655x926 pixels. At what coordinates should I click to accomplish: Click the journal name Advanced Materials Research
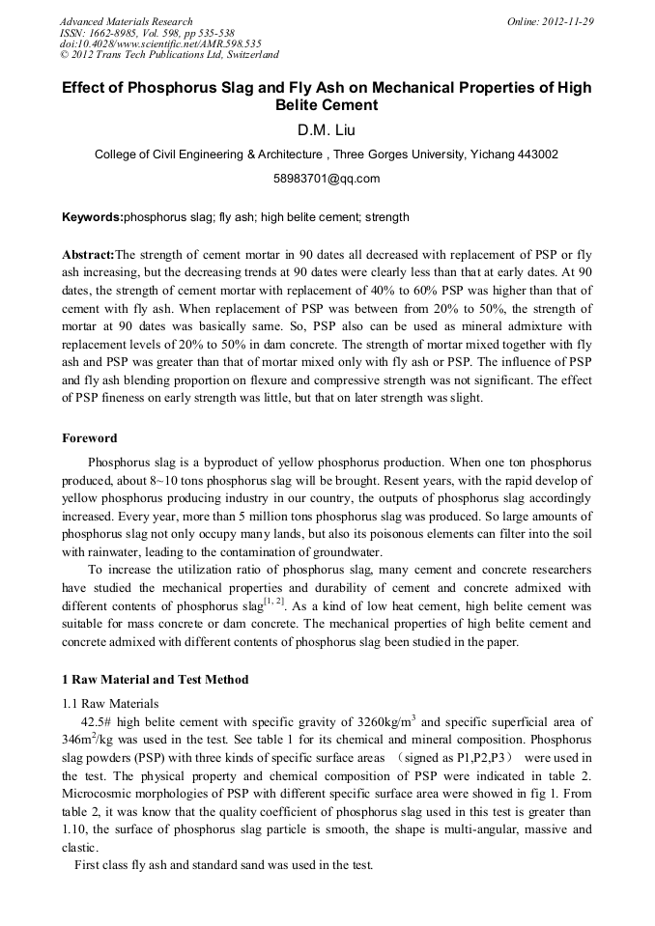126,21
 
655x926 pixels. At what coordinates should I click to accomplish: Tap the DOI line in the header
160,44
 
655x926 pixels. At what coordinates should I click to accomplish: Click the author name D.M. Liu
327,128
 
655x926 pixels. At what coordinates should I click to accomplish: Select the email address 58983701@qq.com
327,179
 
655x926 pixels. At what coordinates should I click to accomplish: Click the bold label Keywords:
93,218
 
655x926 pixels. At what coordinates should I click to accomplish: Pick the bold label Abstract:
88,255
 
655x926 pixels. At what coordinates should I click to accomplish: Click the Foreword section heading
90,437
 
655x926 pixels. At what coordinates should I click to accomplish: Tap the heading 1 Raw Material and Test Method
155,679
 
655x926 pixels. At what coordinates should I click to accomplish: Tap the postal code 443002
536,154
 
